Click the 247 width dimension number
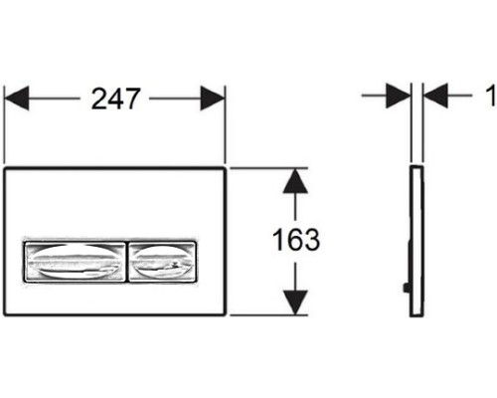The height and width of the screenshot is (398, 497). (115, 99)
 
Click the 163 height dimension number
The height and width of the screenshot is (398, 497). (296, 240)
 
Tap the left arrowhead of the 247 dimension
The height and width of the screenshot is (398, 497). (17, 99)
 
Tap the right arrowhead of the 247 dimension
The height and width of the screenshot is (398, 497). (213, 99)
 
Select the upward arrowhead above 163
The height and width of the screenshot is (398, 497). (295, 181)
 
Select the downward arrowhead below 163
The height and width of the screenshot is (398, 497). (295, 302)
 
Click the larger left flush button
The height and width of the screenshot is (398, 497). (75, 262)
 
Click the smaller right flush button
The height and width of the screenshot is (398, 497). (162, 262)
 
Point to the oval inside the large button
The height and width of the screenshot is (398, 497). (75, 262)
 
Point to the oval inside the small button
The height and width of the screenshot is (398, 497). (162, 262)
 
